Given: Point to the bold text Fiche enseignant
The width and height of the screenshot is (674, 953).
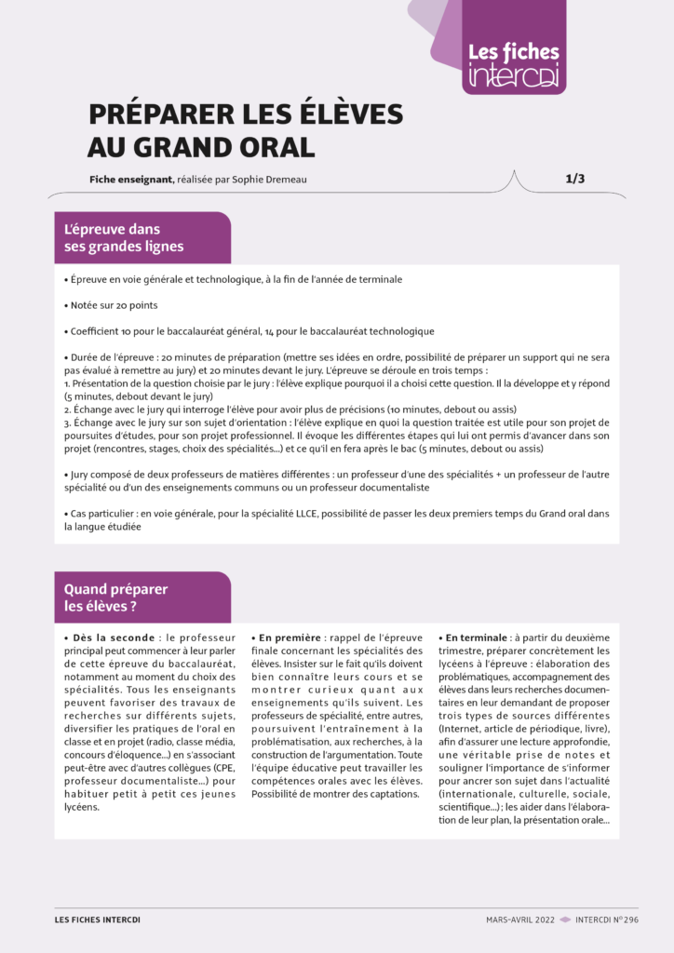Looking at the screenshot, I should [131, 180].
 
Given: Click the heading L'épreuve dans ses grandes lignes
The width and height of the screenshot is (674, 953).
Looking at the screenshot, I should [124, 237].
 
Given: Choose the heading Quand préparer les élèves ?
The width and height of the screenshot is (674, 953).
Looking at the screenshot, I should [116, 597].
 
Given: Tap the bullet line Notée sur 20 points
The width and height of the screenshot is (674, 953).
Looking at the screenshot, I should [115, 305].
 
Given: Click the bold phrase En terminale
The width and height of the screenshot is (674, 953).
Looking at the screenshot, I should [480, 638].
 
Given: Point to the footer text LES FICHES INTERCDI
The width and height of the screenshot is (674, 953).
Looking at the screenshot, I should [98, 919].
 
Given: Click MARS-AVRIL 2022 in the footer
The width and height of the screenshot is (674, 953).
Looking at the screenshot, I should [519, 919].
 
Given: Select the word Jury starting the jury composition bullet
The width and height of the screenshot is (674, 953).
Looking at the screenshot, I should [82, 474].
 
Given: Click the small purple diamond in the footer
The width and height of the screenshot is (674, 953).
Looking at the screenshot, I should [565, 919].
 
